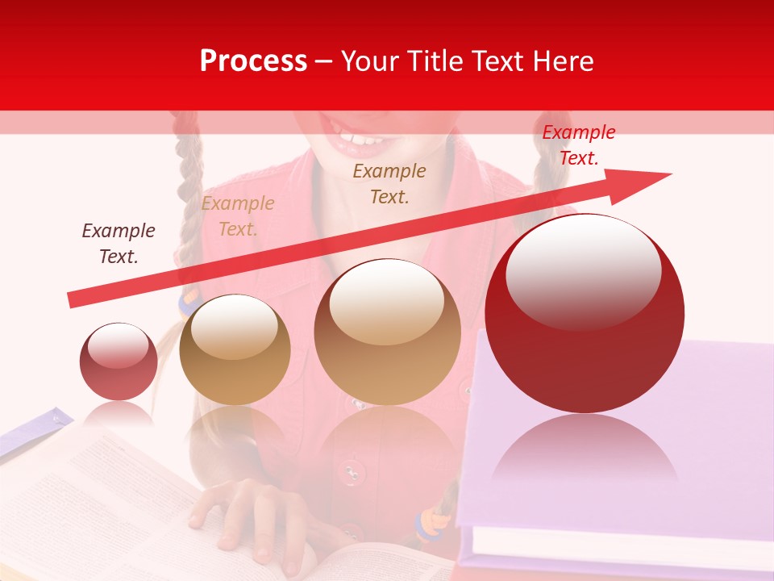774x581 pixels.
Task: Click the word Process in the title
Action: (x=253, y=61)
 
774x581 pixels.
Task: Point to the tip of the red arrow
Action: (x=669, y=174)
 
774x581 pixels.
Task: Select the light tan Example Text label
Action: (x=238, y=216)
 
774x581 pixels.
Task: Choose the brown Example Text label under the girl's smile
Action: (x=389, y=184)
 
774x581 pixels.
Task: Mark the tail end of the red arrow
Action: (x=71, y=300)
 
